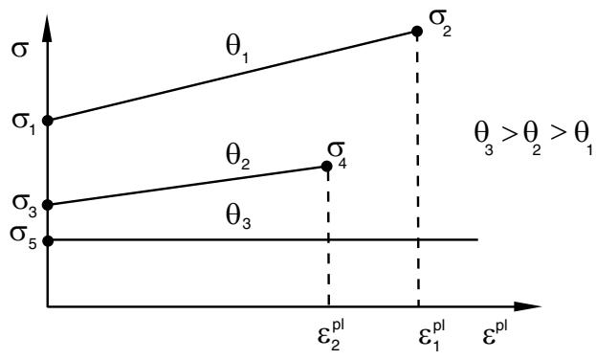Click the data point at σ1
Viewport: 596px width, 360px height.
click(x=48, y=121)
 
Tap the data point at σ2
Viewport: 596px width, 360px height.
click(x=417, y=32)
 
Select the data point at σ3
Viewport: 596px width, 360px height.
click(x=48, y=205)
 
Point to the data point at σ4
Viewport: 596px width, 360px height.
click(x=326, y=167)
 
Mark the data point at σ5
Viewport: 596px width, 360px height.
click(x=48, y=241)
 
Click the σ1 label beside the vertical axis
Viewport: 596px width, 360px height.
click(x=24, y=124)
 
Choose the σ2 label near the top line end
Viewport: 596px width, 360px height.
click(x=440, y=25)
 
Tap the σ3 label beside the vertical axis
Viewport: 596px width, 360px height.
click(x=24, y=207)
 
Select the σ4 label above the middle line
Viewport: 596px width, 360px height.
click(x=337, y=156)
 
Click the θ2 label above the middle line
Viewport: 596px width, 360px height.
click(x=238, y=158)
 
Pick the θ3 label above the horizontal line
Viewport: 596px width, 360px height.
click(x=238, y=217)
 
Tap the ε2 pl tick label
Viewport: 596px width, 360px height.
click(x=331, y=335)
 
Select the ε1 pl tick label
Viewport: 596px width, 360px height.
click(x=431, y=335)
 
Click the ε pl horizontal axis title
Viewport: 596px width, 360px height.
click(x=495, y=333)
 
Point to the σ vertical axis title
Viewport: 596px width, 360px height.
click(x=20, y=50)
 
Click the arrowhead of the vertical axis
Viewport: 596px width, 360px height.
click(x=47, y=28)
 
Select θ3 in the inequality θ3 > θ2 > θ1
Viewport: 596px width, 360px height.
click(x=484, y=139)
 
